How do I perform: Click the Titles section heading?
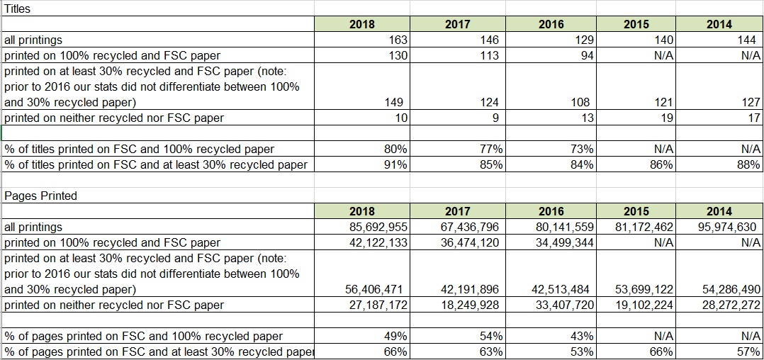17,9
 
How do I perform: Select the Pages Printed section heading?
40,196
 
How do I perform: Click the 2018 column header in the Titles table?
362,24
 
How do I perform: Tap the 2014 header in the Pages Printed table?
719,211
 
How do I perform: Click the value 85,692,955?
378,227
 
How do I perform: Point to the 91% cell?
395,164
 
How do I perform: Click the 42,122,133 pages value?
378,242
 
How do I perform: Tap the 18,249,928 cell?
470,305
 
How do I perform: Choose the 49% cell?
395,336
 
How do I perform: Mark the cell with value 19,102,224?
644,305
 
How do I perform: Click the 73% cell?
582,149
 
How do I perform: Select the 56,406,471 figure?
373,289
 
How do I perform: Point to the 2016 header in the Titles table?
551,24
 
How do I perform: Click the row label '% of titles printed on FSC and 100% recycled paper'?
139,149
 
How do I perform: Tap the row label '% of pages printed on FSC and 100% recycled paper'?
143,336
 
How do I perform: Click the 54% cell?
491,336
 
